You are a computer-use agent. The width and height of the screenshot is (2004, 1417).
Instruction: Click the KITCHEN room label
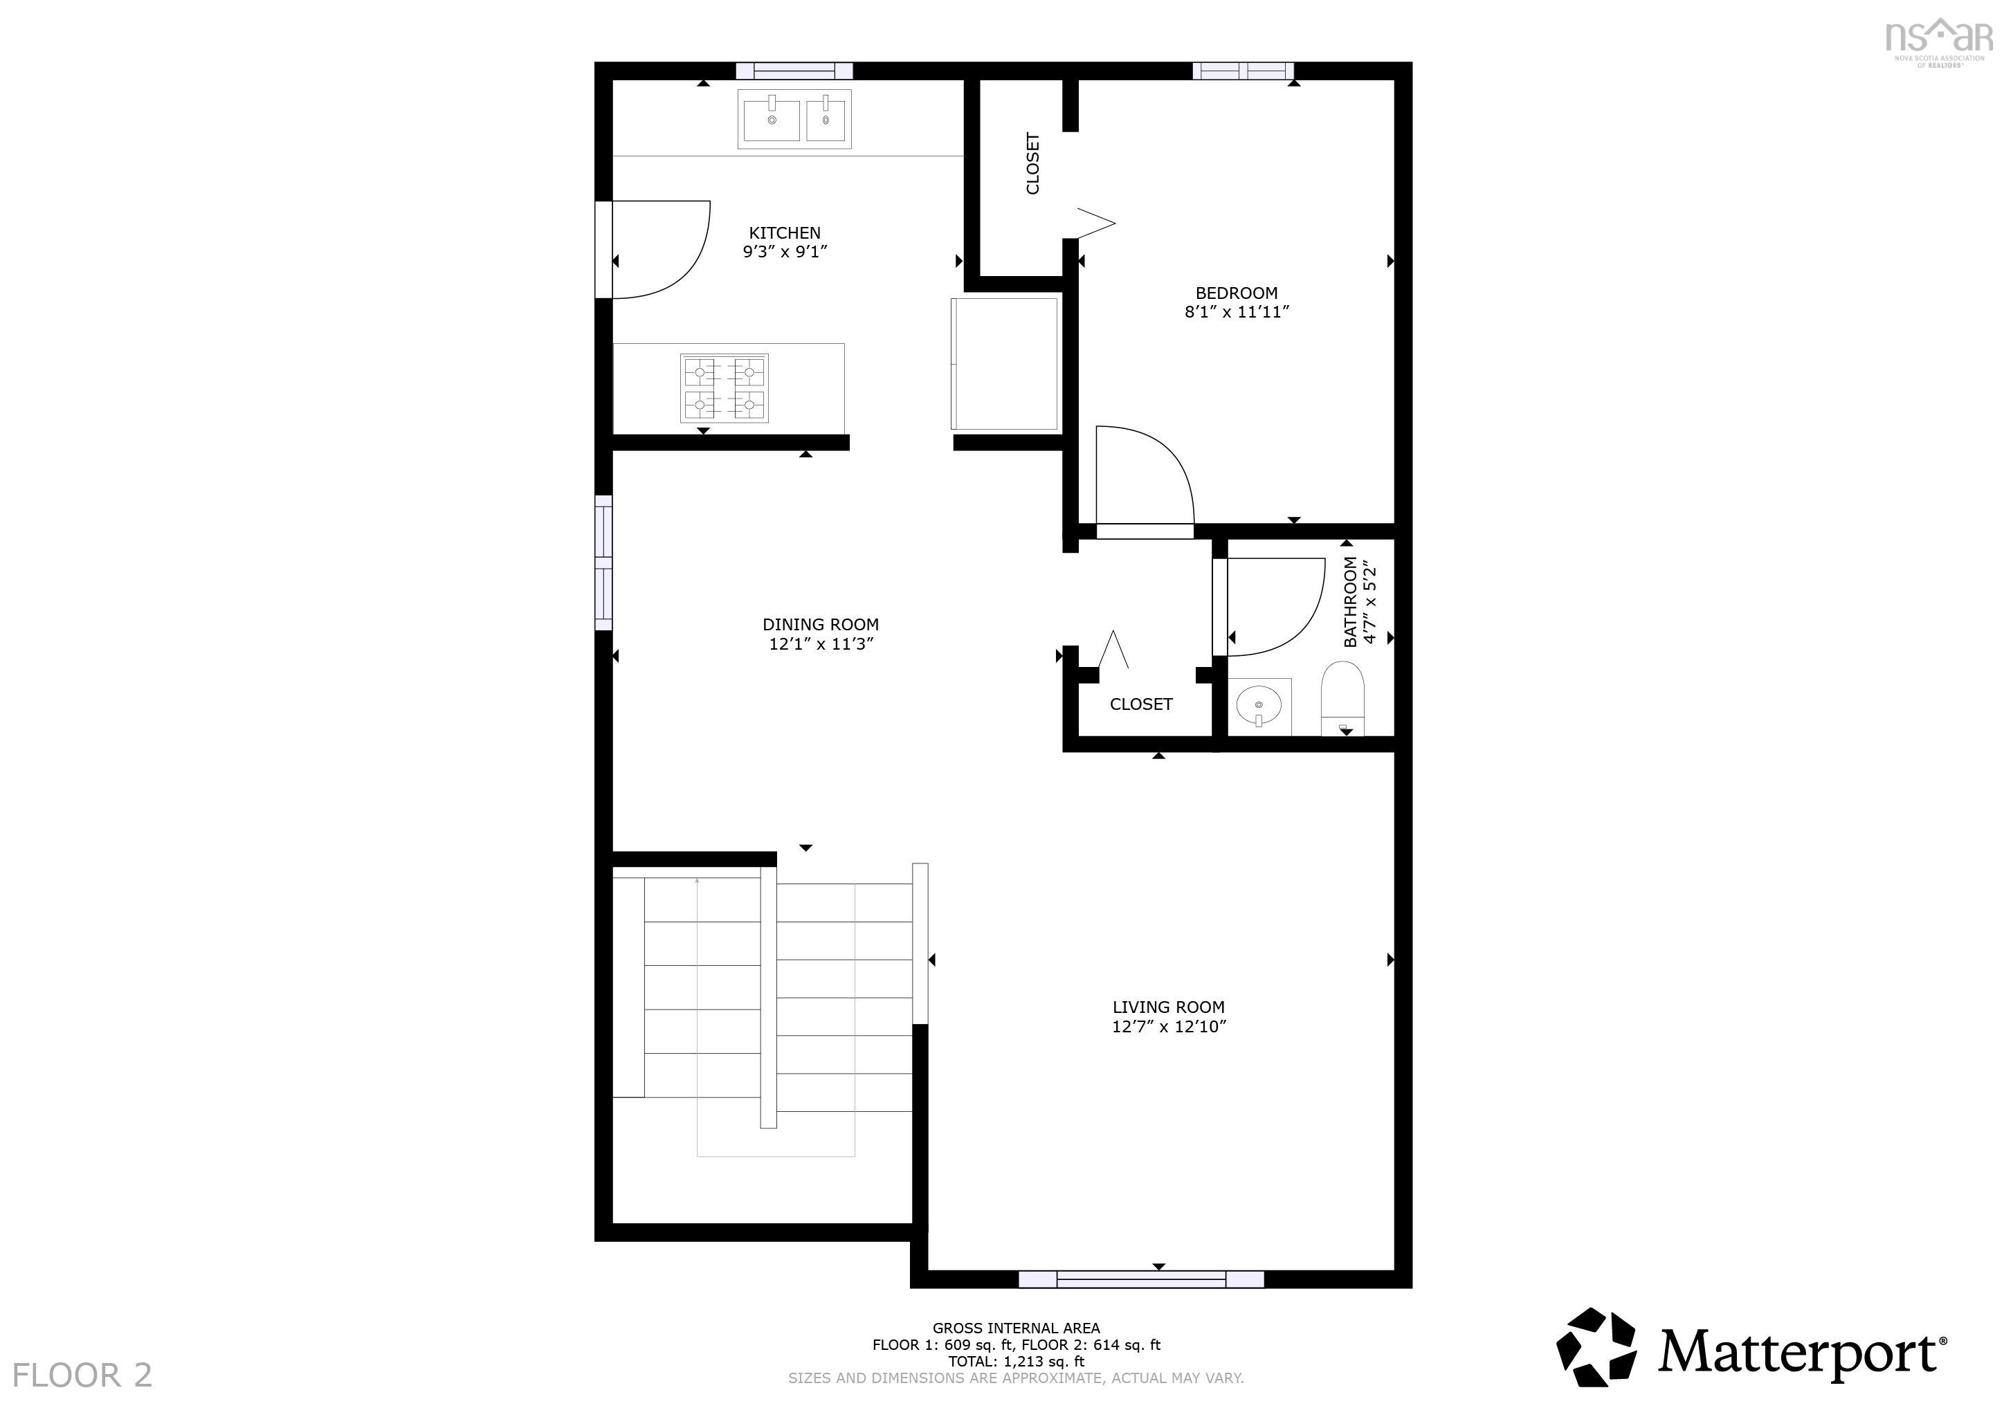tap(785, 233)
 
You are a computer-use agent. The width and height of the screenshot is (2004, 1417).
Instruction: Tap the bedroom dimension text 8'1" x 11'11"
tap(1236, 312)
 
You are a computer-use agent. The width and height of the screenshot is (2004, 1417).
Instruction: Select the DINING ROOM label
tap(821, 625)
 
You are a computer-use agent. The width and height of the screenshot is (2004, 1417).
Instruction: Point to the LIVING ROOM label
tap(1168, 1007)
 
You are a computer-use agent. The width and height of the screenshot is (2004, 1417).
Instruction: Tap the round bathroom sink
tap(1259, 704)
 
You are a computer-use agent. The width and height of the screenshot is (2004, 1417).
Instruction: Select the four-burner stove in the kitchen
tap(725, 388)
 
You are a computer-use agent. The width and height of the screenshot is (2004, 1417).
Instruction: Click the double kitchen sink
tap(794, 119)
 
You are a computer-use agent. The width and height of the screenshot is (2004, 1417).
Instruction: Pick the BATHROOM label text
tap(1350, 602)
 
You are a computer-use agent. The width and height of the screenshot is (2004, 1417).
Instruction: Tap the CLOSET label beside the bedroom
tap(1032, 163)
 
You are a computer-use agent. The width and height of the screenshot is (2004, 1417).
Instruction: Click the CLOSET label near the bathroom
tap(1141, 704)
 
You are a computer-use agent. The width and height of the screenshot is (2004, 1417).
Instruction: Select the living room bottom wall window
tap(1141, 1279)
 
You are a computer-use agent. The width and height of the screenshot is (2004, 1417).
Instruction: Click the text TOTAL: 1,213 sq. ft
tap(1016, 1361)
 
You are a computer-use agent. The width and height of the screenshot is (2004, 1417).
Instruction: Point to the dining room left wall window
tap(603, 563)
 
